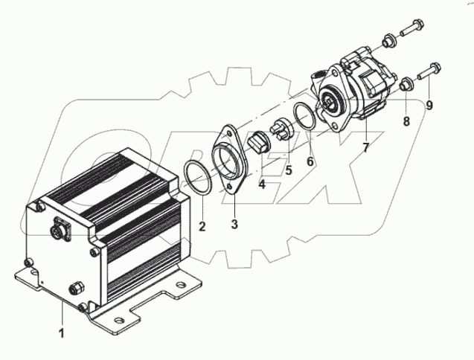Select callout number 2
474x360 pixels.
pos(200,224)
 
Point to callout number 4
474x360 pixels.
pos(262,184)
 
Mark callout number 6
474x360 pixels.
pos(310,160)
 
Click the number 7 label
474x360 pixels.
pos(365,149)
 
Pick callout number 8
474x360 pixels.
pos(406,121)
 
